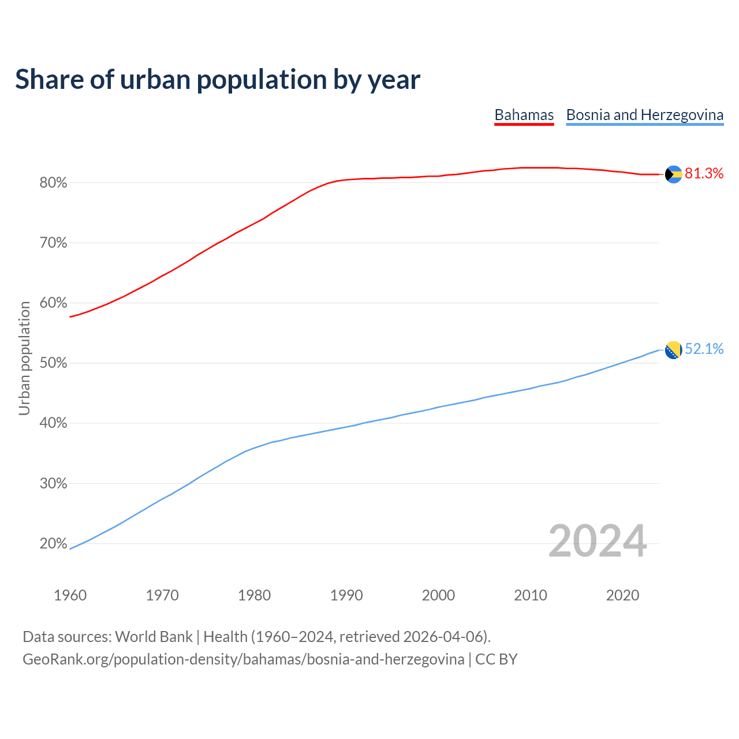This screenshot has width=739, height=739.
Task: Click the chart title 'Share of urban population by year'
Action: (218, 80)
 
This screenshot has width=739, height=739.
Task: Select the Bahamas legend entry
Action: (524, 115)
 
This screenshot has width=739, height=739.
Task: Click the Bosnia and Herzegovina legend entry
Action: (644, 115)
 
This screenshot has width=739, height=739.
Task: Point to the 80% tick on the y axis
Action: (54, 183)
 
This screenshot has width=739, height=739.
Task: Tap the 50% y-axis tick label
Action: (54, 363)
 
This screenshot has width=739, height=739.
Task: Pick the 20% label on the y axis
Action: (54, 544)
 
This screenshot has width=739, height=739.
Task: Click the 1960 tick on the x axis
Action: (70, 595)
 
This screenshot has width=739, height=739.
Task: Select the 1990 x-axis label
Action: (346, 595)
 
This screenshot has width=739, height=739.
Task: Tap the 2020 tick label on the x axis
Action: (622, 595)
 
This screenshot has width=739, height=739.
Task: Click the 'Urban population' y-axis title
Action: (24, 358)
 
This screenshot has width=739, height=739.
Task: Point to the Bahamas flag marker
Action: (674, 174)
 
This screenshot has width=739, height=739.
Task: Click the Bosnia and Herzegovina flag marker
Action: (674, 349)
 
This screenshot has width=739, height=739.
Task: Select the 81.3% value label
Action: (704, 173)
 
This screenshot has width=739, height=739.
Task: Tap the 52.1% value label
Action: (704, 349)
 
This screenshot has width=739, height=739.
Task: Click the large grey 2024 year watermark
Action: (598, 541)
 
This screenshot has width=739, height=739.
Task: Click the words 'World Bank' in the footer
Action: (154, 637)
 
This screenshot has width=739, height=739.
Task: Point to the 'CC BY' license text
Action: (497, 659)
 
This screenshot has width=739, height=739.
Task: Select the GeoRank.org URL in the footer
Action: (243, 659)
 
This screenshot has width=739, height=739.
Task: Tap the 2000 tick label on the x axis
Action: (438, 595)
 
